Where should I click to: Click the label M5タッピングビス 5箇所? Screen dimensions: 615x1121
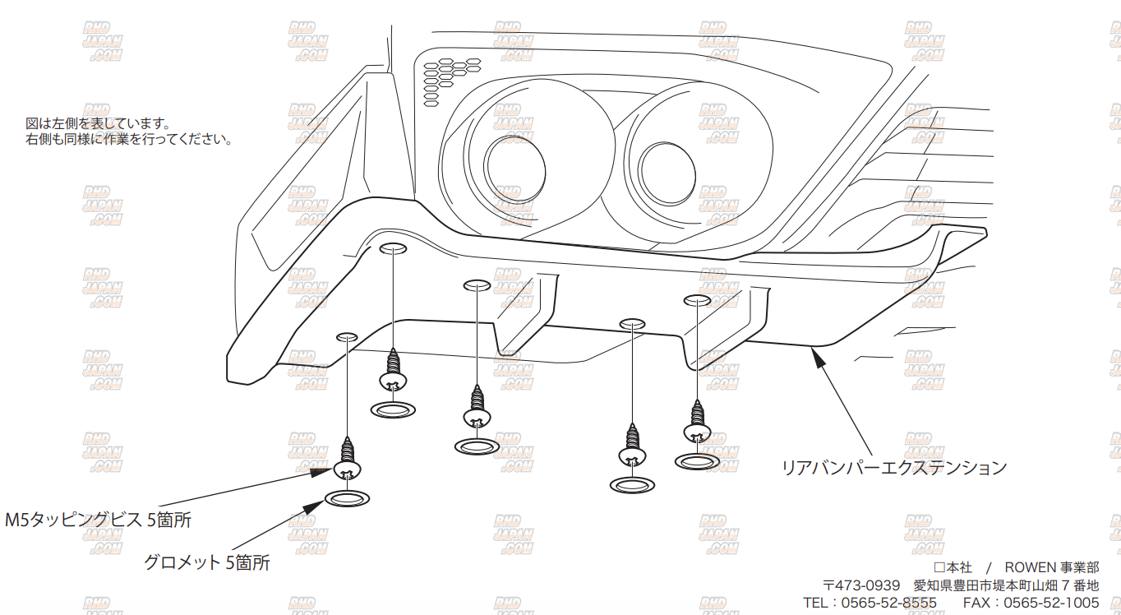(x=98, y=520)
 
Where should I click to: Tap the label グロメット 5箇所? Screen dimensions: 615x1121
(x=206, y=562)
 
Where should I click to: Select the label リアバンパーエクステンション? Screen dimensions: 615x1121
(x=893, y=467)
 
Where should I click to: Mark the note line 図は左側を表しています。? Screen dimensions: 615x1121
(x=98, y=124)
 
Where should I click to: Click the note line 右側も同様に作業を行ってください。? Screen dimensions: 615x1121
(x=129, y=140)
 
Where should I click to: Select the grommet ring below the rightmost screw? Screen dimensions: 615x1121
(x=697, y=461)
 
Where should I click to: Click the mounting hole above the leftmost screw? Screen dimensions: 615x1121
(x=347, y=336)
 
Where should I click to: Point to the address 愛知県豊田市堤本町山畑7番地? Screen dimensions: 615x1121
(x=1006, y=585)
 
